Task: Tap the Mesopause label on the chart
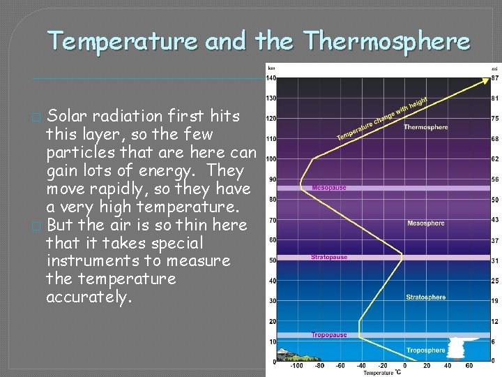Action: tap(329, 188)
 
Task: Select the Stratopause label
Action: tap(329, 258)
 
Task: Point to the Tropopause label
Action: tap(329, 335)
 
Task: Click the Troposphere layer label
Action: tap(425, 350)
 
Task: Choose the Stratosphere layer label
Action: tap(425, 297)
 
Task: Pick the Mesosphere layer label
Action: tap(425, 223)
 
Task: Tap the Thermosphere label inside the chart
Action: tap(425, 127)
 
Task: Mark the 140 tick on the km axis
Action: tap(271, 77)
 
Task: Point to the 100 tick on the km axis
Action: tap(271, 159)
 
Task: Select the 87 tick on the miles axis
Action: tap(494, 77)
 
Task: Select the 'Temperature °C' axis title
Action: tap(379, 374)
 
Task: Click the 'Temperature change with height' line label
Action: tap(380, 119)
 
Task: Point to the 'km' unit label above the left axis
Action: tap(271, 68)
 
